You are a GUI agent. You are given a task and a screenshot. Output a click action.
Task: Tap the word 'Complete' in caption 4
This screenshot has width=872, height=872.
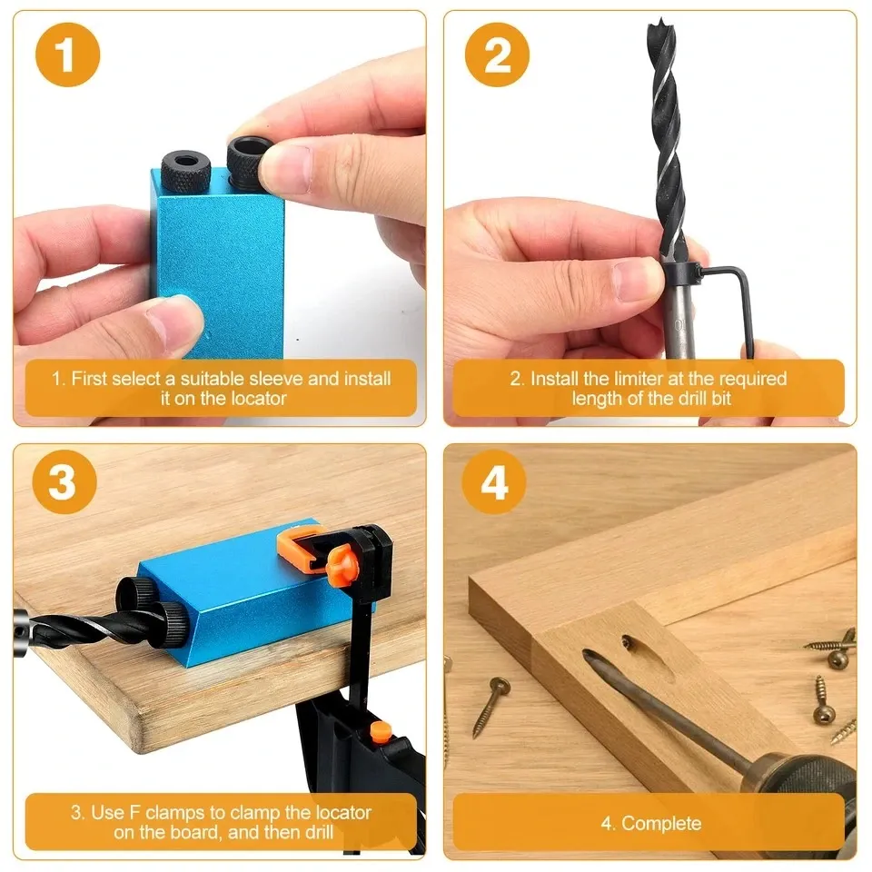pyautogui.click(x=661, y=824)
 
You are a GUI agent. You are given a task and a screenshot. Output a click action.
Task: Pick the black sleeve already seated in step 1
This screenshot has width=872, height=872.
pyautogui.click(x=187, y=168)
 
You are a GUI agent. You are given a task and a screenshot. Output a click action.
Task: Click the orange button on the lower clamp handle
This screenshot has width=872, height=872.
pyautogui.click(x=381, y=728)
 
